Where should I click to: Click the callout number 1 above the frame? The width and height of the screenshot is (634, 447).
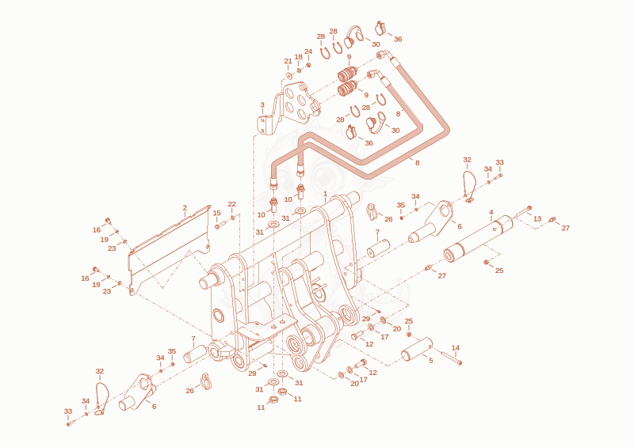coord(326,194)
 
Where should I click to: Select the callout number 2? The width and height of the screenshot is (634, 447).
coord(185,208)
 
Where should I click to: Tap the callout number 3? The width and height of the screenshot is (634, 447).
coord(262,105)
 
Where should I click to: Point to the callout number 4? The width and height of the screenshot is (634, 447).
coord(491,212)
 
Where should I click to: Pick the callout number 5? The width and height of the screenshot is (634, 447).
coord(430,360)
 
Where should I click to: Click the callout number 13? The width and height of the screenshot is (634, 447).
coord(537,219)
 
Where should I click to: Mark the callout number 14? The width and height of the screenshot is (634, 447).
coord(456,347)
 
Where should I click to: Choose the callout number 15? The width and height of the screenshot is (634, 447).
coord(217,213)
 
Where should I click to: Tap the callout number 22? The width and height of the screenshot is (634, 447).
coord(231,204)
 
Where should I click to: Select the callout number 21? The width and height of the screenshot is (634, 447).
coord(288,62)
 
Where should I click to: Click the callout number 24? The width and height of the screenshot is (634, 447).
coord(308,51)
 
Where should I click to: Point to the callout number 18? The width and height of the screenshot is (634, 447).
coord(299,57)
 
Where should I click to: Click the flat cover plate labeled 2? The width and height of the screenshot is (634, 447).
coord(170,250)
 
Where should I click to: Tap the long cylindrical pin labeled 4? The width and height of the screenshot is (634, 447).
coord(479,240)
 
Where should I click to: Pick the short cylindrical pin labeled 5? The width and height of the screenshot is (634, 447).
coord(417,349)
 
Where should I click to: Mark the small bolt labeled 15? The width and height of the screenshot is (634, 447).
coord(219,225)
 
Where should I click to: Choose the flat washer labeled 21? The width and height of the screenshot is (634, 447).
coord(289,75)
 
